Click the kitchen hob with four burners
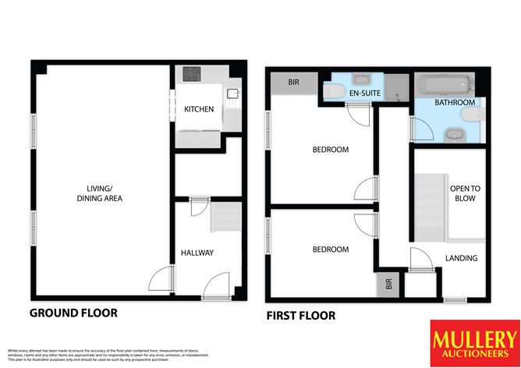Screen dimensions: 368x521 click(192, 75)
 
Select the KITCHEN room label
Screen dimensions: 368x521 click(199, 110)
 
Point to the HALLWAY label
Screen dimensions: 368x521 click(197, 253)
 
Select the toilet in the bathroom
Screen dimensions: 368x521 click(471, 115)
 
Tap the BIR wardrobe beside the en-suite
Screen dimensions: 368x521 click(293, 83)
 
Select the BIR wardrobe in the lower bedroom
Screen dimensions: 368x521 click(385, 285)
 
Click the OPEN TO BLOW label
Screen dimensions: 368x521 click(463, 193)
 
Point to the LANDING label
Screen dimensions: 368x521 click(461, 258)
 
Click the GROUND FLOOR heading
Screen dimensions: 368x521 click(73, 313)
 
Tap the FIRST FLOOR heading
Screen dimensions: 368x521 click(300, 316)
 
